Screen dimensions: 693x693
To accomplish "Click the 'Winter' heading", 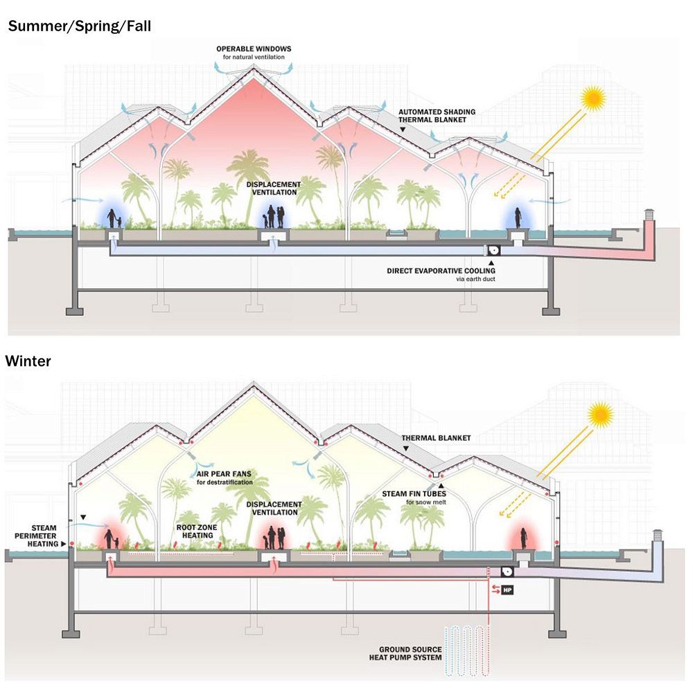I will [28, 361].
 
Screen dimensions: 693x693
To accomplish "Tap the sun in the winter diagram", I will [600, 415].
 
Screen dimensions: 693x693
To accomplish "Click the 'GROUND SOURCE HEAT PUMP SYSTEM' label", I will [410, 653].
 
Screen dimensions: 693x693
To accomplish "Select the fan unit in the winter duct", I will [507, 572].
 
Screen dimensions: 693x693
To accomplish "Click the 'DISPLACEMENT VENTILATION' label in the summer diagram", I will [274, 188].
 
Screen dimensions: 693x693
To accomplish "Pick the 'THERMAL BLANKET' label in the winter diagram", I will [436, 438].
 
